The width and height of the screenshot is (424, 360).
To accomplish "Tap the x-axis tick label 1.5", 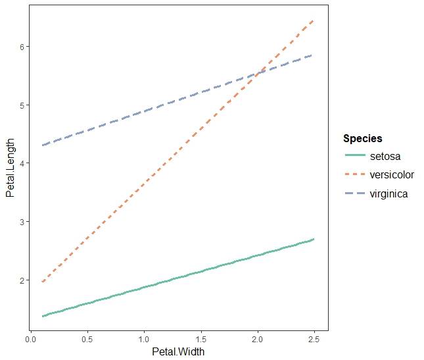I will point(201,340).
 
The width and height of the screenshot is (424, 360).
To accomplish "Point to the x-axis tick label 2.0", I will point(258,340).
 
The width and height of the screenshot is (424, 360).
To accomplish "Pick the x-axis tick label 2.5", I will point(315,340).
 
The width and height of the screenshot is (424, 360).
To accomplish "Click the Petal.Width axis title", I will point(178,352).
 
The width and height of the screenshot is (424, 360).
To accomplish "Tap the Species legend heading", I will point(363,139).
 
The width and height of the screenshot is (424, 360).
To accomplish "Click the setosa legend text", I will point(385,157).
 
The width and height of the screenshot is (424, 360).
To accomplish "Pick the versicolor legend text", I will point(392,175).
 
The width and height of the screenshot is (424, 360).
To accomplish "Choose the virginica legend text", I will point(389,193).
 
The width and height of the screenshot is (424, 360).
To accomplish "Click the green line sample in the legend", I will point(355,157).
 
